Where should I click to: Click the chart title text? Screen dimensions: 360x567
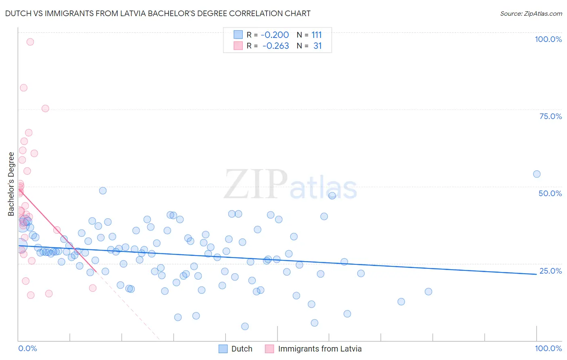158,13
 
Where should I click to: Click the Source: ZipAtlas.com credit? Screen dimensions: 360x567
531,13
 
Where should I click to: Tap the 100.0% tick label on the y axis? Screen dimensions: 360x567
548,39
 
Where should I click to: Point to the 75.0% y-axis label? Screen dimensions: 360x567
550,116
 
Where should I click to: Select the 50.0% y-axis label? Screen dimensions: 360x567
550,193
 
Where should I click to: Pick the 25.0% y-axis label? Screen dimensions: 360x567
550,271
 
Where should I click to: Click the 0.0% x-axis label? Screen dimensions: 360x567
27,348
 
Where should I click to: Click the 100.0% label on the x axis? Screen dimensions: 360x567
548,348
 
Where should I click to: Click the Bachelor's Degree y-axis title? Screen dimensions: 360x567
11,184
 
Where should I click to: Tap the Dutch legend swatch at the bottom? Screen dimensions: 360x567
223,349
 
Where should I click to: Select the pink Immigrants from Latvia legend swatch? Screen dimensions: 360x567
269,349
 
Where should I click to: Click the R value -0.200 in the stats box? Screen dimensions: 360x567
275,35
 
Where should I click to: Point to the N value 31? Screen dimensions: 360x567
317,46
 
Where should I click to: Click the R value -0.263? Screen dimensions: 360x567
275,46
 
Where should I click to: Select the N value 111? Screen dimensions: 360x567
317,35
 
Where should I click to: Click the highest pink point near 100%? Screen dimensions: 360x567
30,42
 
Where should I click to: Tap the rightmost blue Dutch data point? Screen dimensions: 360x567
537,174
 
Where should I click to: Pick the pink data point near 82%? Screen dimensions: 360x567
24,88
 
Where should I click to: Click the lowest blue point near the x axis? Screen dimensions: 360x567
245,326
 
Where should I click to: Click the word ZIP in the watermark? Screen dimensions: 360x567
256,184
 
